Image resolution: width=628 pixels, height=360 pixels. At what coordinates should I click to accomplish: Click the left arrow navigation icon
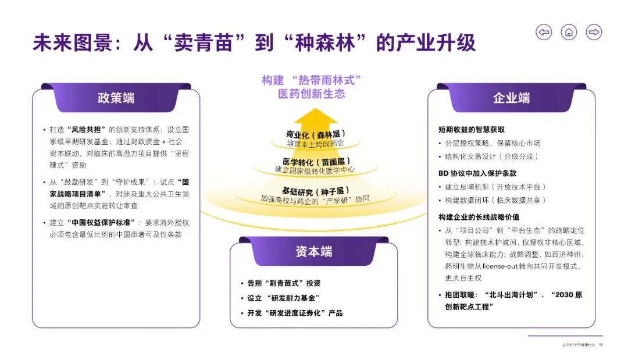tap(544, 32)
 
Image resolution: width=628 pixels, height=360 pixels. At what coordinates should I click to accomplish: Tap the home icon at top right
tap(569, 32)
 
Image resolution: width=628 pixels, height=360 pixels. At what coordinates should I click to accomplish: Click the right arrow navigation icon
tap(594, 32)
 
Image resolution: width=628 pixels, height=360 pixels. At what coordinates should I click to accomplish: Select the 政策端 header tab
tap(116, 98)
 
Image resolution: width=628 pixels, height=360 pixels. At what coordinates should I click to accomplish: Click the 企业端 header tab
tap(511, 98)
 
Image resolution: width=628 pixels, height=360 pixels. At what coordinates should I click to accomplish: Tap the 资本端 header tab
tap(313, 251)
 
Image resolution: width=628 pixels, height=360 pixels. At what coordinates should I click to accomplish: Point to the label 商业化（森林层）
tap(315, 134)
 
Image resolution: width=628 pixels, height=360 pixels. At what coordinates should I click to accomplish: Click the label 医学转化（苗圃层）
tap(315, 161)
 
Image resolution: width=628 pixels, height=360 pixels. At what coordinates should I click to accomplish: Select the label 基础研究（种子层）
tap(315, 190)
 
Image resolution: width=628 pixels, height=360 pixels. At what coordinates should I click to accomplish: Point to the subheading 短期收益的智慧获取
tap(472, 129)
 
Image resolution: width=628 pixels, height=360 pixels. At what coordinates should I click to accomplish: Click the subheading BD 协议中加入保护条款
tap(477, 173)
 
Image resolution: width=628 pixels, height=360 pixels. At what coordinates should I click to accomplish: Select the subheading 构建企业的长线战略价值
tap(479, 217)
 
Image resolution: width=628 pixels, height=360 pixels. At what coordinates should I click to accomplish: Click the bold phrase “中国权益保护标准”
tap(103, 223)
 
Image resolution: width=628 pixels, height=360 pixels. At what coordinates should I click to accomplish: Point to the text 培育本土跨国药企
tap(315, 143)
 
